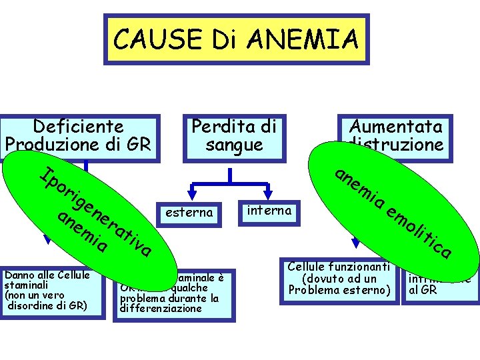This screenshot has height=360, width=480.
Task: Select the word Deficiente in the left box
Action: [x=79, y=126]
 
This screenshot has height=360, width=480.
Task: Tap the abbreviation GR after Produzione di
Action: [x=140, y=143]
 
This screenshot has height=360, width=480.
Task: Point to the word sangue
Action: [x=234, y=144]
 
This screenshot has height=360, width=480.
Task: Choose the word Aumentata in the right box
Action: [x=396, y=127]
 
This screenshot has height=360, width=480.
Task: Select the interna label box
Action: [x=269, y=211]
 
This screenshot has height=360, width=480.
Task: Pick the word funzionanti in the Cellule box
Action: [x=359, y=267]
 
